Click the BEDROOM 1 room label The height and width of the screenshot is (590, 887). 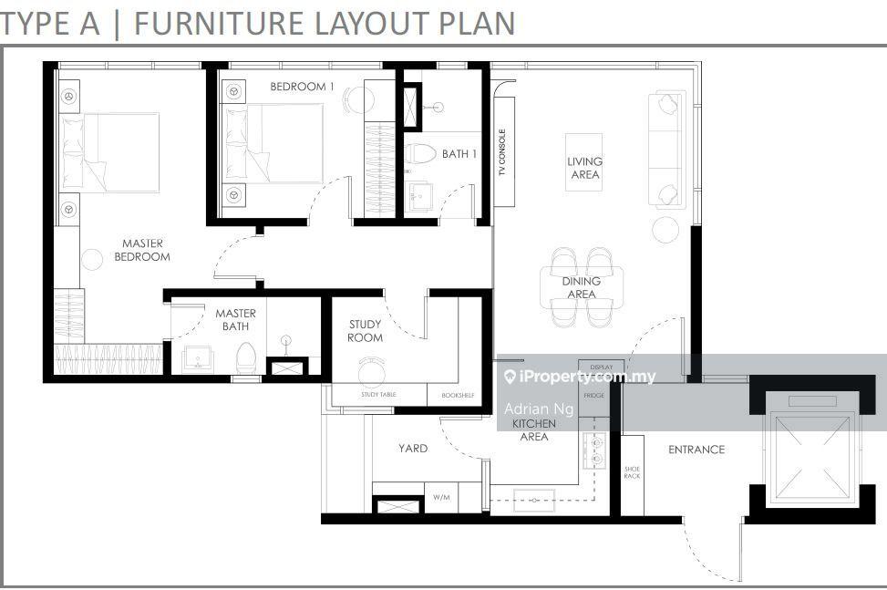pyautogui.click(x=302, y=87)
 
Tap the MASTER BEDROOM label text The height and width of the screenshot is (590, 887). pyautogui.click(x=142, y=250)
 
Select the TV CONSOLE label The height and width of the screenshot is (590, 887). pyautogui.click(x=501, y=152)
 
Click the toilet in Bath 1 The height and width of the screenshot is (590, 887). pyautogui.click(x=419, y=154)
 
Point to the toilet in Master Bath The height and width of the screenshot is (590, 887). pyautogui.click(x=246, y=357)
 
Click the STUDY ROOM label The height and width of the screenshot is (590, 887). pyautogui.click(x=365, y=331)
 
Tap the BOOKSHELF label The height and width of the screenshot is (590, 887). pyautogui.click(x=458, y=396)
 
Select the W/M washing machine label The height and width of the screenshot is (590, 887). pyautogui.click(x=442, y=497)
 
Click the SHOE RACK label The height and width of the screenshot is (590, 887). pyautogui.click(x=632, y=472)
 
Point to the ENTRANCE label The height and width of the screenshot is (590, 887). pyautogui.click(x=696, y=450)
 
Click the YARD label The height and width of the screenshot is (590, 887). pyautogui.click(x=412, y=449)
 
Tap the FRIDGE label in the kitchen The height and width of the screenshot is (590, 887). pyautogui.click(x=594, y=396)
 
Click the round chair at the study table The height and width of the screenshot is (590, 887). pyautogui.click(x=372, y=372)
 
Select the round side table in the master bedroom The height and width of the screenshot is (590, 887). pyautogui.click(x=92, y=260)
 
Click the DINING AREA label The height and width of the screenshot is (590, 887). pyautogui.click(x=581, y=287)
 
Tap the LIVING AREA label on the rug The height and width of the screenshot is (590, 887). pyautogui.click(x=584, y=168)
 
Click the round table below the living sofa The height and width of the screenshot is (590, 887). pyautogui.click(x=665, y=230)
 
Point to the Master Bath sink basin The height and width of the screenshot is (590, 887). pyautogui.click(x=198, y=359)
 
